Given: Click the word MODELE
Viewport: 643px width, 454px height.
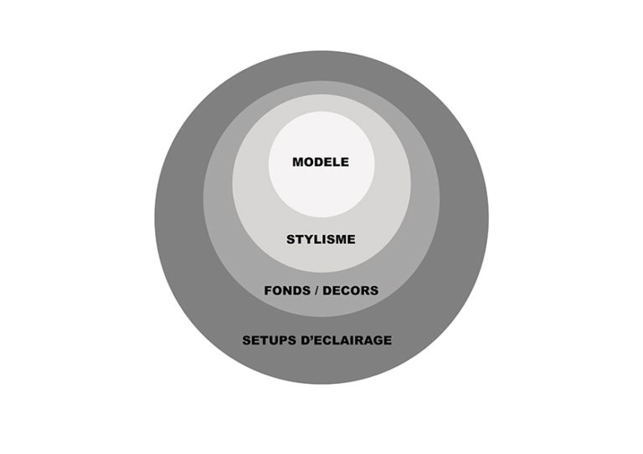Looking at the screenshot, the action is [x=321, y=162].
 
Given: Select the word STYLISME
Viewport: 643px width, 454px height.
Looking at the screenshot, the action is [x=321, y=239].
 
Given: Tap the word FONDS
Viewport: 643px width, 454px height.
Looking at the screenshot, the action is [x=286, y=291].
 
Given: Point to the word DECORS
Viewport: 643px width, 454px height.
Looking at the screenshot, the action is [x=351, y=291].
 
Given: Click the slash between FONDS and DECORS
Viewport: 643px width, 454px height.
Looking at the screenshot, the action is [x=316, y=291].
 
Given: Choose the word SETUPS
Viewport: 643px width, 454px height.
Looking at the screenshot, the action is [x=270, y=340].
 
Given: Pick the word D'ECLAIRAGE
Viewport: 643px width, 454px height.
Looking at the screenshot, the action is [x=347, y=340].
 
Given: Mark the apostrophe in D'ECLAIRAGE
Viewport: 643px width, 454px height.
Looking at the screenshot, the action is [x=312, y=337].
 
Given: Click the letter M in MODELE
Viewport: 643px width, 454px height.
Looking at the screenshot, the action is [x=298, y=162].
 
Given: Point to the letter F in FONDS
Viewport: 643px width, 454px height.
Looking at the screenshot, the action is [x=269, y=291].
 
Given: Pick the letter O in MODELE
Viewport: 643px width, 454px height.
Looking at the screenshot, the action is [x=310, y=162].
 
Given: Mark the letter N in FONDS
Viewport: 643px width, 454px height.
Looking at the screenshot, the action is [x=288, y=291].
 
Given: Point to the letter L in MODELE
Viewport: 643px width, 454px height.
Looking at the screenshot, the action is [x=337, y=162].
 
